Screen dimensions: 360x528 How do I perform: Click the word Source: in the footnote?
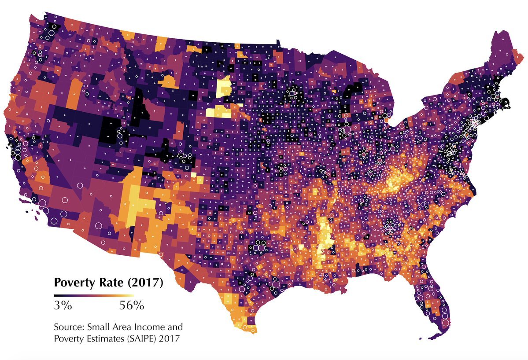pyautogui.click(x=69, y=327)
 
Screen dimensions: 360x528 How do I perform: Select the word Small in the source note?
pyautogui.click(x=97, y=327)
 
